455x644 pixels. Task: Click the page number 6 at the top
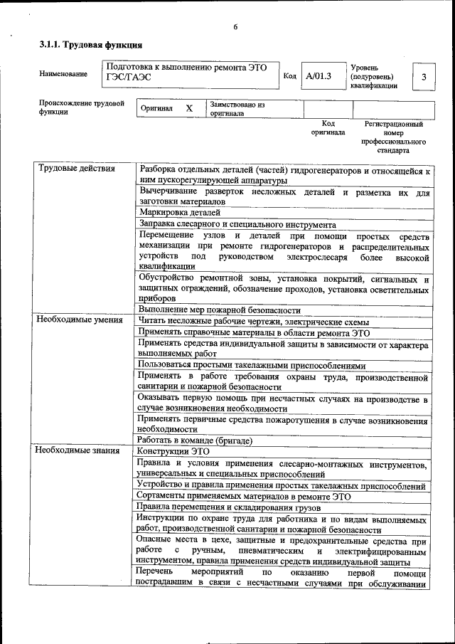pyautogui.click(x=235, y=27)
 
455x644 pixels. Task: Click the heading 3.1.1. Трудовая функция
pyautogui.click(x=85, y=45)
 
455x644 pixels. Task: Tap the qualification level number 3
pyautogui.click(x=424, y=77)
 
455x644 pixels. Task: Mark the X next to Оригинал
pyautogui.click(x=189, y=108)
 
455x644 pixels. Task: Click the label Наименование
pyautogui.click(x=63, y=74)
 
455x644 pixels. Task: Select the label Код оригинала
pyautogui.click(x=328, y=127)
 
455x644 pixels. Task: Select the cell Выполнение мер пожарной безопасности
pyautogui.click(x=220, y=310)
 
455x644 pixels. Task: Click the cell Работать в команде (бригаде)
pyautogui.click(x=195, y=440)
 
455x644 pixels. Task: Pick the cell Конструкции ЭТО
pyautogui.click(x=173, y=451)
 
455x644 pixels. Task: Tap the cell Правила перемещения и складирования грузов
pyautogui.click(x=228, y=508)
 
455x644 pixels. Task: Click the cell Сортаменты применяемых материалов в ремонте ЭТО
pyautogui.click(x=244, y=497)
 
